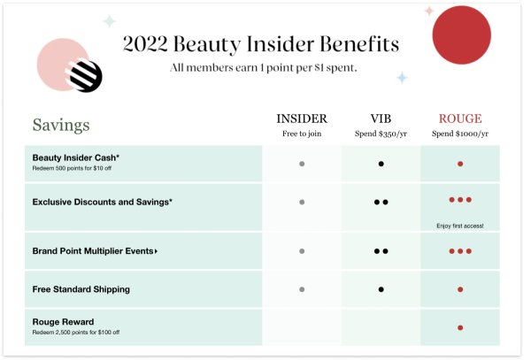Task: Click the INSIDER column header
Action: coord(302,119)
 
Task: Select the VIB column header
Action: coord(381,119)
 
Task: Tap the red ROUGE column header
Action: coord(459,119)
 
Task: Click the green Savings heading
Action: coord(61,125)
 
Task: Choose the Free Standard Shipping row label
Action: coord(81,289)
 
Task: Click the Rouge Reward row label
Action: coord(63,322)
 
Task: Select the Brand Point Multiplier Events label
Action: coord(94,251)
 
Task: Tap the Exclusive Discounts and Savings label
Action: coord(102,202)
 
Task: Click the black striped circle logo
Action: coord(87,77)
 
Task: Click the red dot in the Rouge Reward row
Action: coord(460,328)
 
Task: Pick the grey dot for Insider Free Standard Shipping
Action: coord(302,289)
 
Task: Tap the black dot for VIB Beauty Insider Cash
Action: coord(381,164)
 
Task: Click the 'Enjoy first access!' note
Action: coord(460,226)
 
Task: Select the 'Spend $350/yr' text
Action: coord(381,134)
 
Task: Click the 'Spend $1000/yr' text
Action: coord(460,134)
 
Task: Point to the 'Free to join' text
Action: coord(302,134)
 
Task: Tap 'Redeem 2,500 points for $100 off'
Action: coord(75,332)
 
